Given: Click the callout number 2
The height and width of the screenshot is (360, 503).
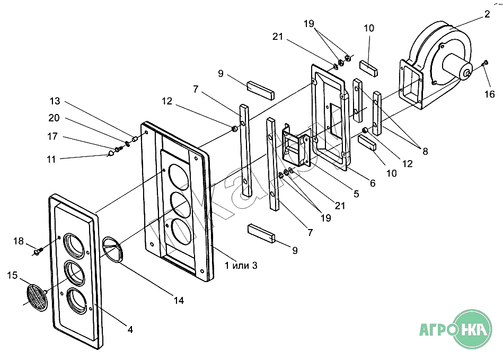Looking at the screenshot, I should point(487,15).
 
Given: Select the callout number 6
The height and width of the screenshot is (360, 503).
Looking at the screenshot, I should point(373,183).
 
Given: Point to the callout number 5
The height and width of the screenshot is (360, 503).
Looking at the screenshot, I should point(356,194).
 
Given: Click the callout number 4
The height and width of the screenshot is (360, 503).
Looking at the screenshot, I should point(130,329).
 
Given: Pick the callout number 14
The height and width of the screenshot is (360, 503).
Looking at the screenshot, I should point(179,301).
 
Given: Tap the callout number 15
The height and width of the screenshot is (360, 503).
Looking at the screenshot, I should point(12,275).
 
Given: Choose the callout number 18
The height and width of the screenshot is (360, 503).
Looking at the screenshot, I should point(19,241).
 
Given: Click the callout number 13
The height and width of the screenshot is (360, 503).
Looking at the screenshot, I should point(55,101).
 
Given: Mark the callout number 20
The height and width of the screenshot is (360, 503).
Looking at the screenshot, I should point(54,118).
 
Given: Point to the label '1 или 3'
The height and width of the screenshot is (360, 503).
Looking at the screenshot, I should point(241,265).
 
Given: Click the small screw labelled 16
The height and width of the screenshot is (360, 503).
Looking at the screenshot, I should point(485,64).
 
